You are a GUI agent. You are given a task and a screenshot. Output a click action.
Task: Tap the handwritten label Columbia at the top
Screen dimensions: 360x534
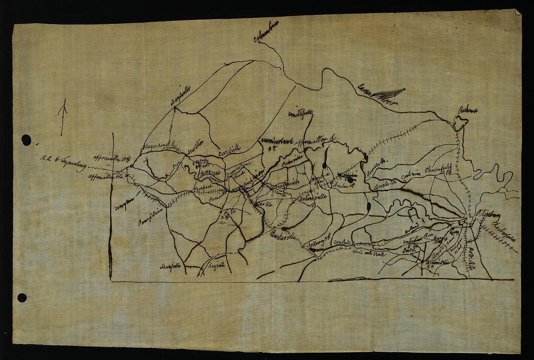point(266,31)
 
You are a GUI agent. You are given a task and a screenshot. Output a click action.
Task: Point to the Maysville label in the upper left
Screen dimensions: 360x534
point(180,96)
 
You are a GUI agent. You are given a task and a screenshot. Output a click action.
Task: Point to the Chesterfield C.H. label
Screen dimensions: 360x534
point(438,170)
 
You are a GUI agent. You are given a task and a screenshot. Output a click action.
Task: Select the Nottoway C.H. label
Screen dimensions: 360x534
point(319,242)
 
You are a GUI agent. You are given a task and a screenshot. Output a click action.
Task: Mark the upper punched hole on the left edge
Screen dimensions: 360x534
point(26,140)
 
